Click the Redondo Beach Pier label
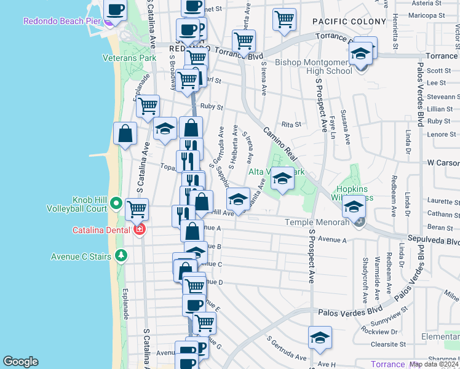61,21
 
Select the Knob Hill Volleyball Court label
77,204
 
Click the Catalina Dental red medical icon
140,229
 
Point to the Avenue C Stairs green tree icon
122,254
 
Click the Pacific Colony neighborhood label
343,22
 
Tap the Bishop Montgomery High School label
314,66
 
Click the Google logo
20,362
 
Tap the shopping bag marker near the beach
125,134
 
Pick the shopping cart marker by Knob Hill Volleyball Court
137,209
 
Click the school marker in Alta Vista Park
282,179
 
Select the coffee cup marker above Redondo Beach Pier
116,9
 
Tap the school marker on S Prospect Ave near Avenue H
319,338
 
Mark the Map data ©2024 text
434,364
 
